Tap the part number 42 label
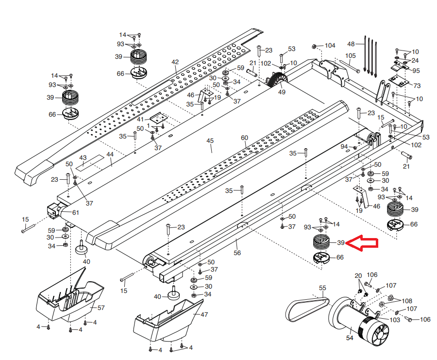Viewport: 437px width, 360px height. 175,62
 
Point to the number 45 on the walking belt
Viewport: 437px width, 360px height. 210,141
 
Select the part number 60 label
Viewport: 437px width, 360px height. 244,138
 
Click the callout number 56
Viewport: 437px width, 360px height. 237,253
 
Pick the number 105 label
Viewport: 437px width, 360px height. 351,56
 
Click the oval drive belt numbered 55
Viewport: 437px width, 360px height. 306,309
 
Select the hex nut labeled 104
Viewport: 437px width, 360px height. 314,47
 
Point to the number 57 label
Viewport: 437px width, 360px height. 101,308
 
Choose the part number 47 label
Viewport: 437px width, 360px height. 204,315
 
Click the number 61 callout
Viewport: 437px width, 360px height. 75,212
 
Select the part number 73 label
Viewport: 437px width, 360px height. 417,85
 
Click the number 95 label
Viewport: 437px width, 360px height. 416,70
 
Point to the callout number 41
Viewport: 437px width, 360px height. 140,119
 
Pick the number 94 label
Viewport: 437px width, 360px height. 344,146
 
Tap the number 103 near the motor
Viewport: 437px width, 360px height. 395,320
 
